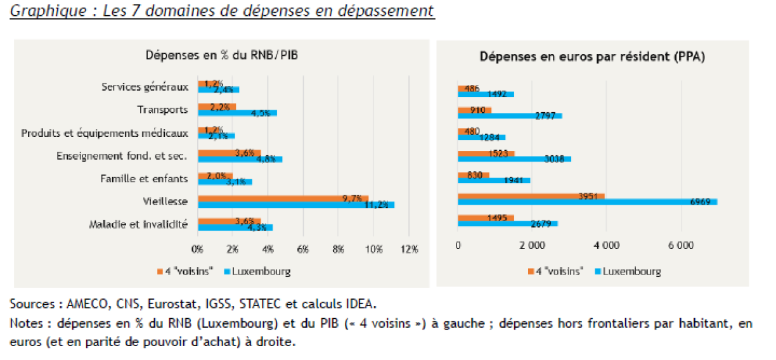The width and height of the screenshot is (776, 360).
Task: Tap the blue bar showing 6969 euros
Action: [x=587, y=202]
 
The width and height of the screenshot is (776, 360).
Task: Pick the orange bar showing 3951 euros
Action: [x=531, y=196]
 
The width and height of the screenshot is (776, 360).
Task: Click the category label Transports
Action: [x=163, y=110]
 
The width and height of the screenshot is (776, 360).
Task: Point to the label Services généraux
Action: [x=145, y=87]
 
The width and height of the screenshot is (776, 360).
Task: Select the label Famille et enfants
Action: [x=145, y=178]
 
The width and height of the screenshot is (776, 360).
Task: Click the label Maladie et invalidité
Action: [x=139, y=224]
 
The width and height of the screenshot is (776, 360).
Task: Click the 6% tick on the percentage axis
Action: [x=303, y=249]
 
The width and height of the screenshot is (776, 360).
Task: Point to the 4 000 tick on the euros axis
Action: [x=605, y=245]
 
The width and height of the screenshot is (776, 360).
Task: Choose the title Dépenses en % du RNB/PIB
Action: [x=222, y=55]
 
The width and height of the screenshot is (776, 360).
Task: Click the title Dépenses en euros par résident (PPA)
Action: [x=593, y=56]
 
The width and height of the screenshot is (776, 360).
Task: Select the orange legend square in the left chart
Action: [x=160, y=272]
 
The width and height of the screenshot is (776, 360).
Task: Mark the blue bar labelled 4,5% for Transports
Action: [x=237, y=113]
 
